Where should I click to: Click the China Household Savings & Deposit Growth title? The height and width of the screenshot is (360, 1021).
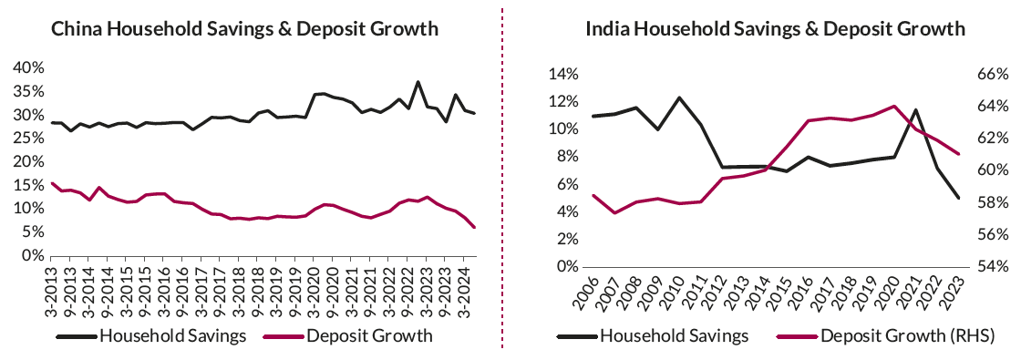point(244,29)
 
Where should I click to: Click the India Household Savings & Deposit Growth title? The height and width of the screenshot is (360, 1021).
point(775,29)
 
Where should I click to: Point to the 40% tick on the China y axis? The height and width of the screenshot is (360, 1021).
point(26,67)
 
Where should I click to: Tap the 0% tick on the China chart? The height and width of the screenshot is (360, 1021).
point(30,256)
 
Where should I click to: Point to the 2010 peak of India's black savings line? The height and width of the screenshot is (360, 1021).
point(679,98)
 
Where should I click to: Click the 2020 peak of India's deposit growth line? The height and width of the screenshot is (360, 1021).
point(893,106)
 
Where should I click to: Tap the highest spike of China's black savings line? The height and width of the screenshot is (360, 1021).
point(418,82)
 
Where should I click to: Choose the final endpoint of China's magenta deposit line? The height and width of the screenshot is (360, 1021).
point(474,227)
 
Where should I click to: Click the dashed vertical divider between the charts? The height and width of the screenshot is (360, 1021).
point(502,182)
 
